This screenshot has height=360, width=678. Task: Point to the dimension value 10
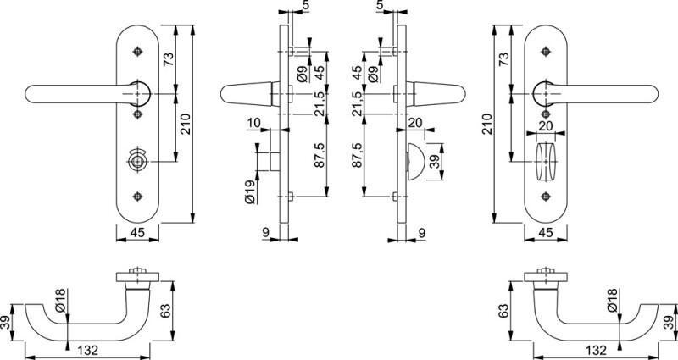pos(253,124)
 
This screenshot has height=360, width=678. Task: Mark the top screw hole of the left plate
pos(135,53)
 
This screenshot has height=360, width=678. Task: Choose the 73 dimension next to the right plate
pos(504,59)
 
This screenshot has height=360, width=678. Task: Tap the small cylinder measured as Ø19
pos(273,159)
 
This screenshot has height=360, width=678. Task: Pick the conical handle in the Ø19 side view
pos(244,92)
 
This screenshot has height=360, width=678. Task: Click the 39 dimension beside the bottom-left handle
pos(7,323)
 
